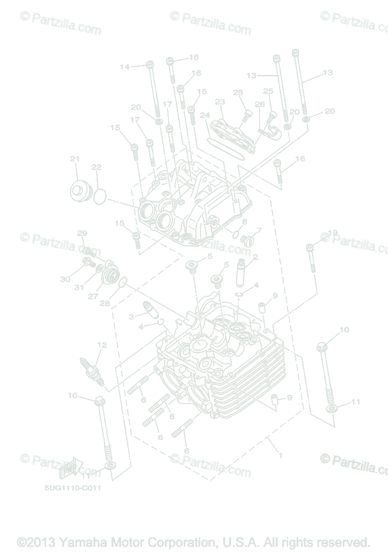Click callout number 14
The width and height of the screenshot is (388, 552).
(125, 67)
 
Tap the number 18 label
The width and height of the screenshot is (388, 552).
(193, 57)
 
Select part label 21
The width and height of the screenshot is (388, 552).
(75, 159)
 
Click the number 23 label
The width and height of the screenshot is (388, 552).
(220, 101)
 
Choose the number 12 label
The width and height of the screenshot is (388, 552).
(102, 345)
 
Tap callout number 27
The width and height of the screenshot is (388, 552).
(93, 297)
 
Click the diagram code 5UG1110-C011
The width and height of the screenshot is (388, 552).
(73, 488)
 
